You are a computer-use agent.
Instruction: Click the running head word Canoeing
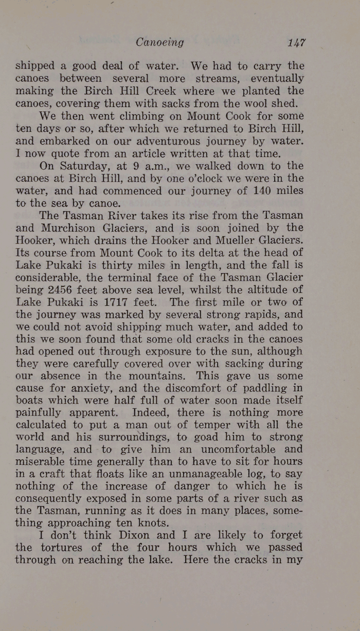coord(159,42)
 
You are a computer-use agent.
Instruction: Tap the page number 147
coord(297,42)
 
